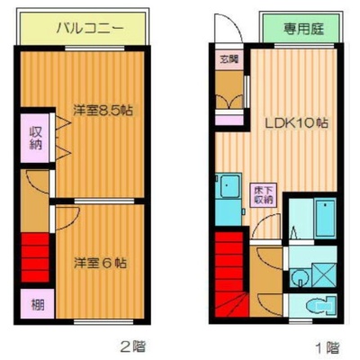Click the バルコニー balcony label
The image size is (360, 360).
(x=90, y=29)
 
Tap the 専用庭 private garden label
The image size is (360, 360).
(x=303, y=30)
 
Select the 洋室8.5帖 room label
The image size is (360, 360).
(x=103, y=111)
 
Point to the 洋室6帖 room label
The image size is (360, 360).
(x=100, y=263)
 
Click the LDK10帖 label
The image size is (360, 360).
(x=296, y=122)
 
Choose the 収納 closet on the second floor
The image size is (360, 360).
(x=35, y=138)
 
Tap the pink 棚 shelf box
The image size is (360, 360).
(x=38, y=303)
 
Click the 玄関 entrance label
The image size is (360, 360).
(x=229, y=59)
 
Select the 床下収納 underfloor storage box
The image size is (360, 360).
(x=264, y=195)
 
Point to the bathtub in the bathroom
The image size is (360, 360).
(x=325, y=217)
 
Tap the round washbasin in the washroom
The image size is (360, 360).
(x=301, y=275)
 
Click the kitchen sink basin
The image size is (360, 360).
(x=230, y=186)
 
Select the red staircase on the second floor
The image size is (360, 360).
(x=35, y=257)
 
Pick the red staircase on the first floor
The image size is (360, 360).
(x=231, y=274)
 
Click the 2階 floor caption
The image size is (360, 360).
(x=132, y=346)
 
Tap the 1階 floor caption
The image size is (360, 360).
(x=328, y=347)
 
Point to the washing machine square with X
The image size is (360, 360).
(x=324, y=274)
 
